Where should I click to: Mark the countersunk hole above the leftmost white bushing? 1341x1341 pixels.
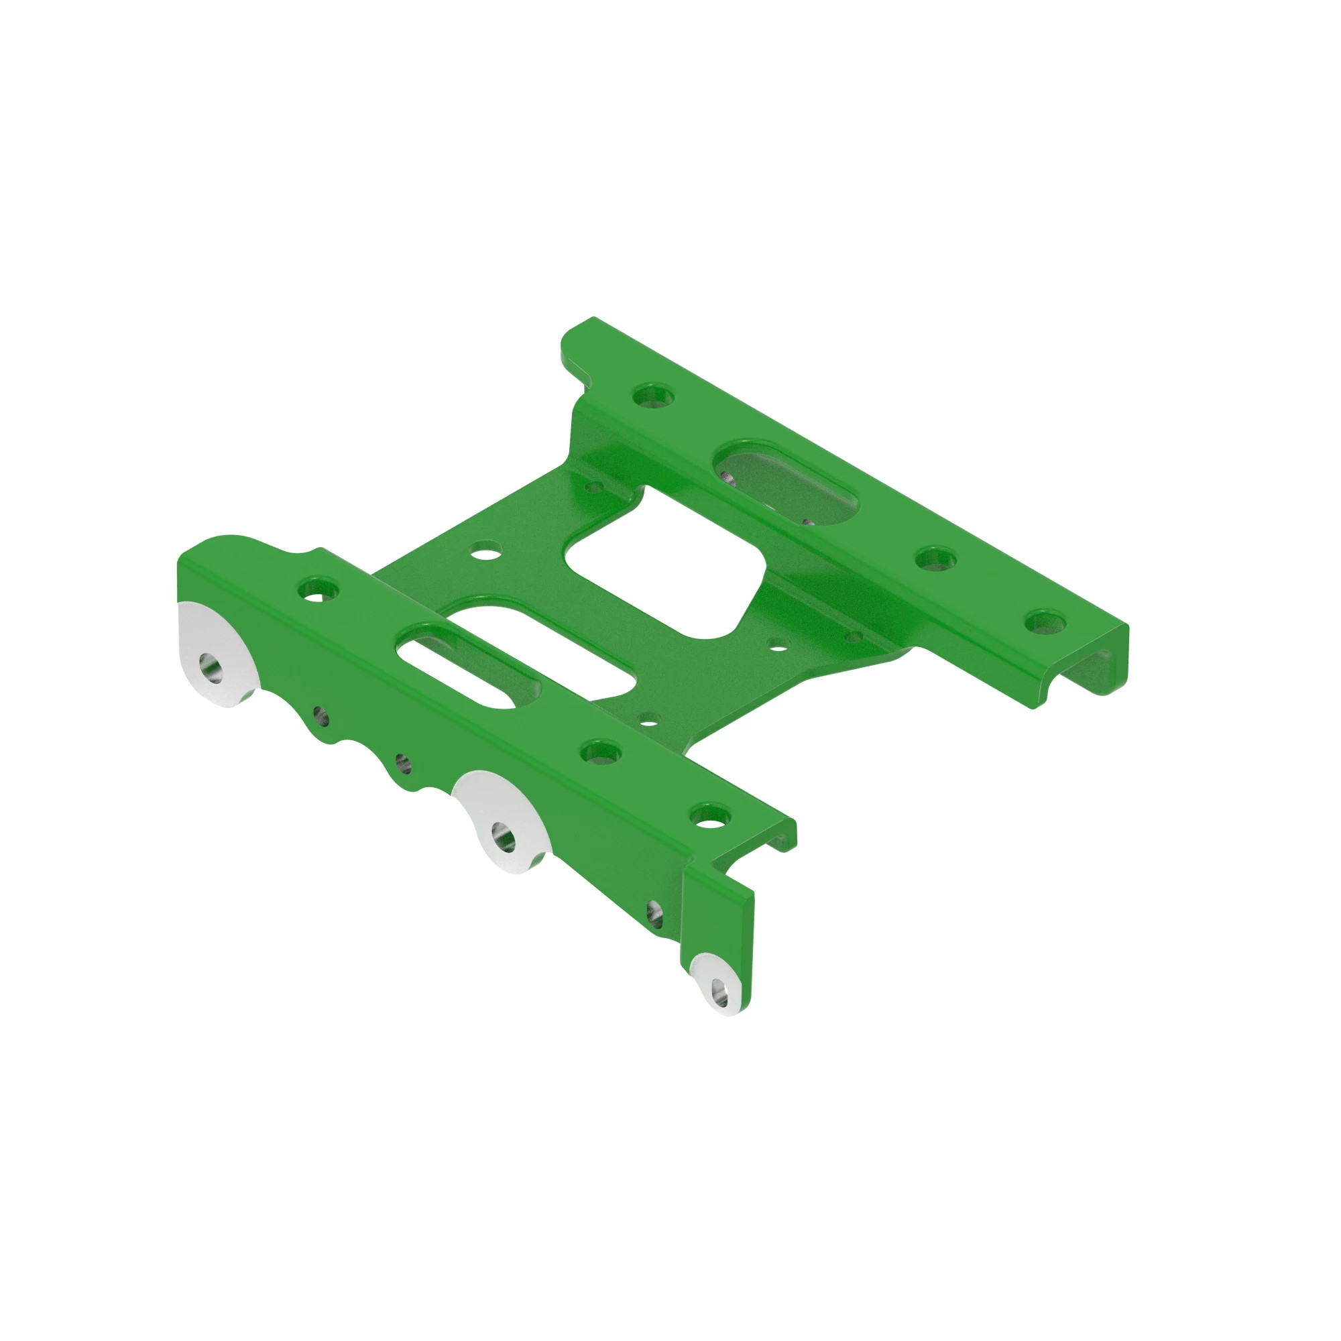point(318,591)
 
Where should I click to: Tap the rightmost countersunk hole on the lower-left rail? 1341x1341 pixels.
point(709,815)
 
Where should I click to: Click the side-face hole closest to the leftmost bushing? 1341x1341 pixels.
point(320,715)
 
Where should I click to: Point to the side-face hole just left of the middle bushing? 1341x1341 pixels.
point(402,764)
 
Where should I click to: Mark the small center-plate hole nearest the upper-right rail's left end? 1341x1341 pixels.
point(594,488)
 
